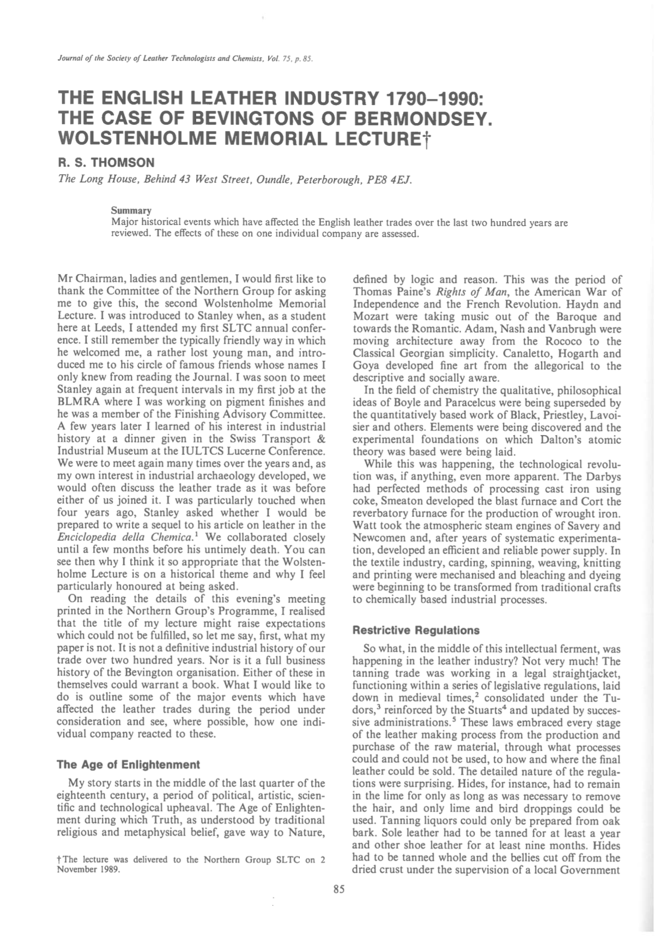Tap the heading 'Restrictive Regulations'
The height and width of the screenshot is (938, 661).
point(416,630)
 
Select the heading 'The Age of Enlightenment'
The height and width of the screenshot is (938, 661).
point(128,764)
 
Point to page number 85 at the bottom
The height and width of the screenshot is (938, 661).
point(338,890)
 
